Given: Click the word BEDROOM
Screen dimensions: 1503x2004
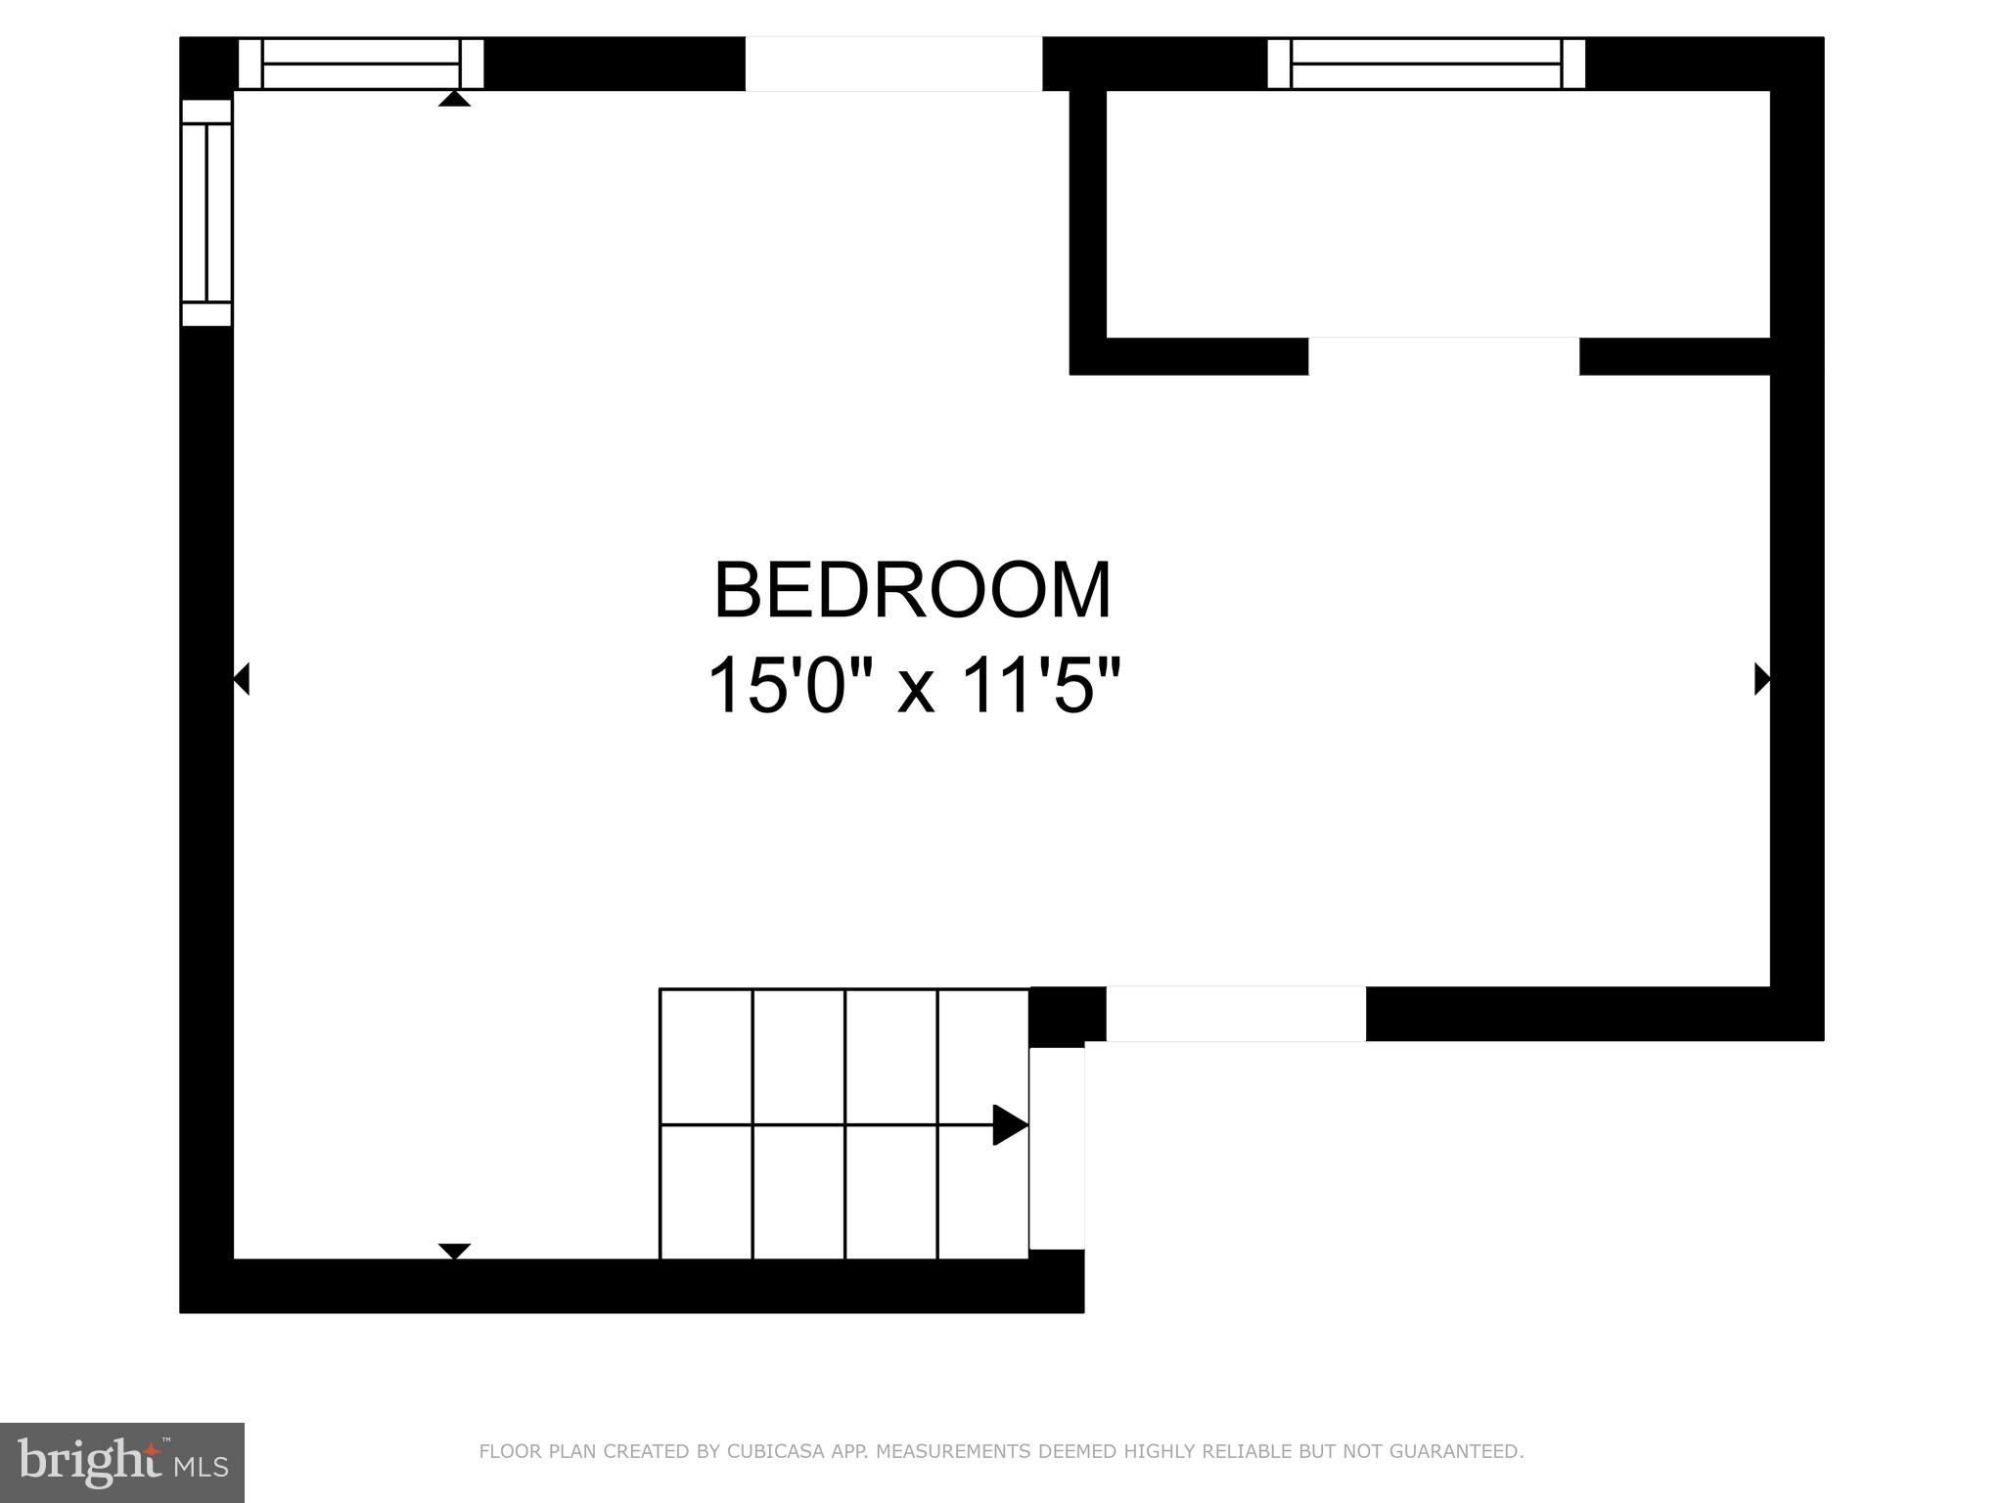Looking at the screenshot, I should (912, 591).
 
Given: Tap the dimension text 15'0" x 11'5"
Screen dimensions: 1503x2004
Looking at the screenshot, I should (912, 686).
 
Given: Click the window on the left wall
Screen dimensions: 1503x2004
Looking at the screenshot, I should (206, 211).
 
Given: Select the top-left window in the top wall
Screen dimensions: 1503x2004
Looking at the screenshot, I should (361, 64).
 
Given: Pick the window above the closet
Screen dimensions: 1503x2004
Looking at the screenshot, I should (1426, 64).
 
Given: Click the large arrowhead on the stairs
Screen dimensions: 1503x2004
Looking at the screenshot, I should (1009, 1124).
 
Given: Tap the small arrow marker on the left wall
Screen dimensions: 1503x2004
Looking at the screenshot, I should (241, 678).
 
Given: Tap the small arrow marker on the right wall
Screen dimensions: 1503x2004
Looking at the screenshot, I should (1761, 678).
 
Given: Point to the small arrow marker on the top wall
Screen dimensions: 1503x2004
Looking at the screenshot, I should (454, 99).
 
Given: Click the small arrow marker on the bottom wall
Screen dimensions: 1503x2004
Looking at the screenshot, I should (454, 1251).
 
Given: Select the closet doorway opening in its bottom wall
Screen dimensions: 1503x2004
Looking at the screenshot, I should (1443, 356).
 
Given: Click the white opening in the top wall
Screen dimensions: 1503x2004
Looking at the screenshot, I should (893, 64).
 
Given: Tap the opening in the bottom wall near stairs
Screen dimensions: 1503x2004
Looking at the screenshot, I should (1235, 1014).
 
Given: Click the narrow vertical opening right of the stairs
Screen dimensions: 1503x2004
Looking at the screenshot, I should (1057, 1148).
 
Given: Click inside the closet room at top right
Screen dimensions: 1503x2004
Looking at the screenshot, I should (1436, 213).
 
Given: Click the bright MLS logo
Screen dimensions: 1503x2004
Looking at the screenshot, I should (121, 1462).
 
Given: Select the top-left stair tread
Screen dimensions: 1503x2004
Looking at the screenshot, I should (706, 1056).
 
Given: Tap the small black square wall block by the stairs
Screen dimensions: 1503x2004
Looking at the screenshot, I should (1067, 1016).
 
